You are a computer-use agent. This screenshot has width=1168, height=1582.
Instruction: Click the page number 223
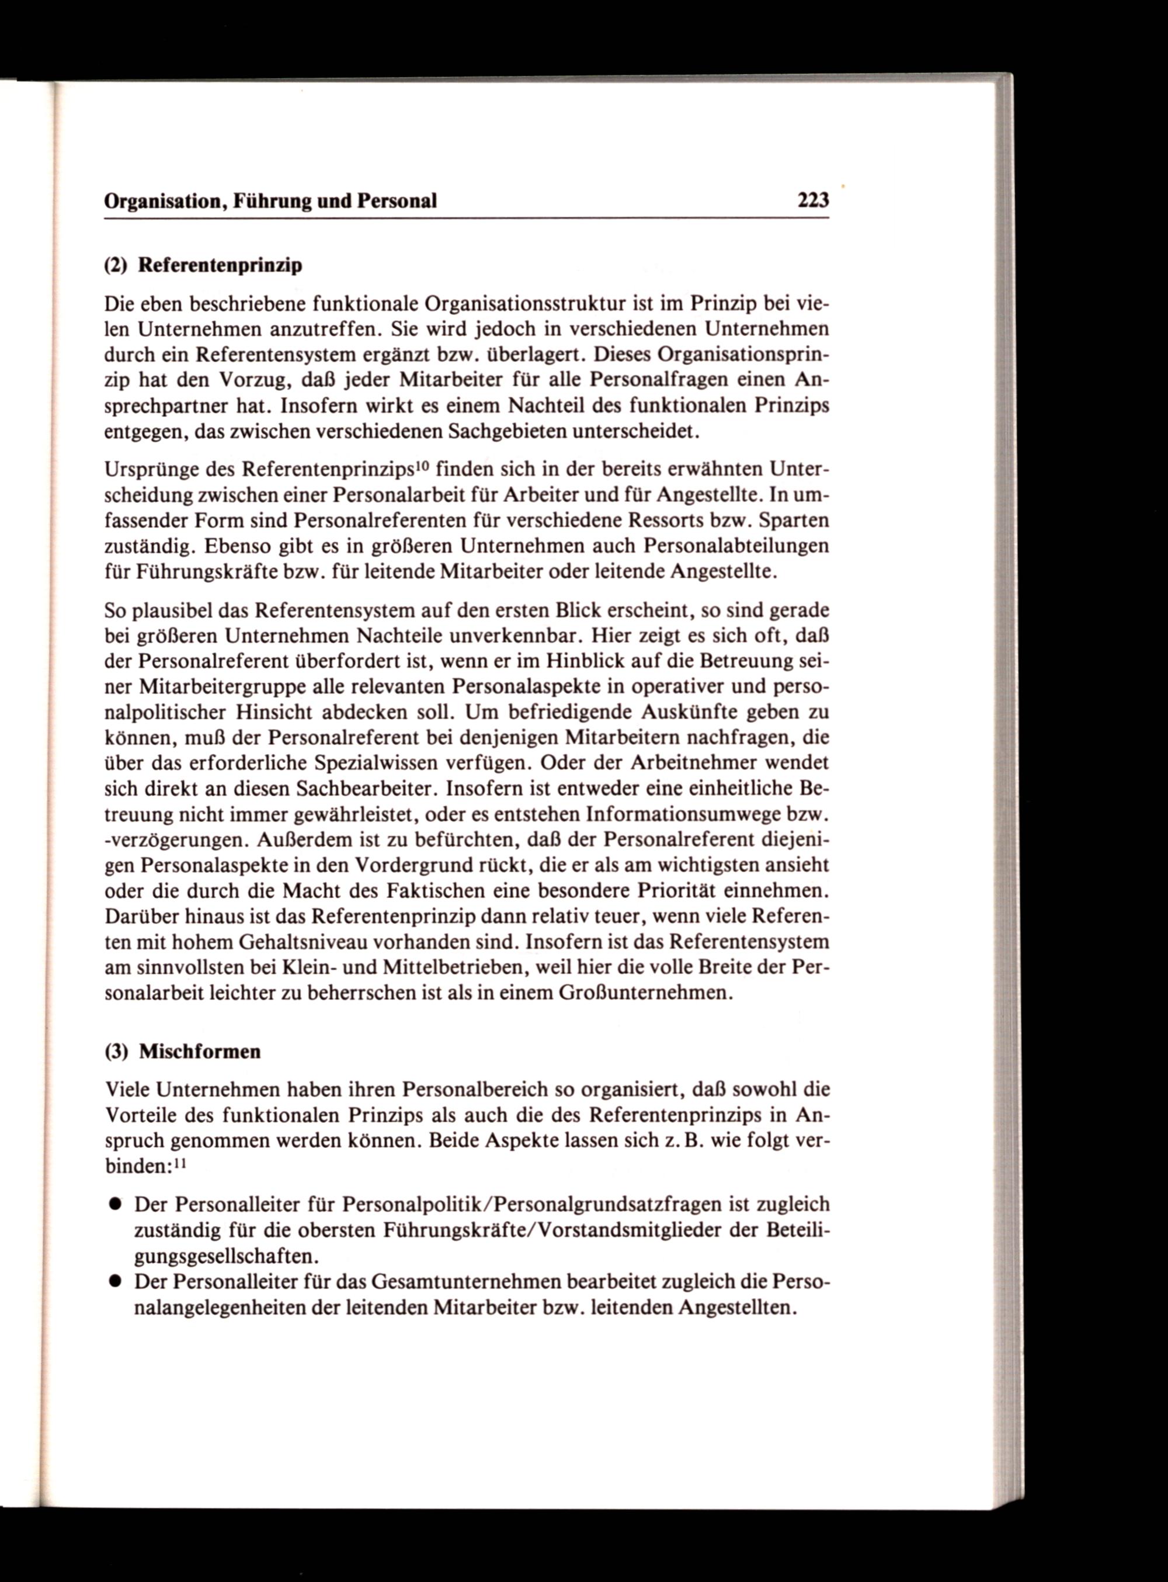812,201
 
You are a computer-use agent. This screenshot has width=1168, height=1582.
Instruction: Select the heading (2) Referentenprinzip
204,265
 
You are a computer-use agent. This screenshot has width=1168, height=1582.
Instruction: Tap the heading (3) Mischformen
182,1052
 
